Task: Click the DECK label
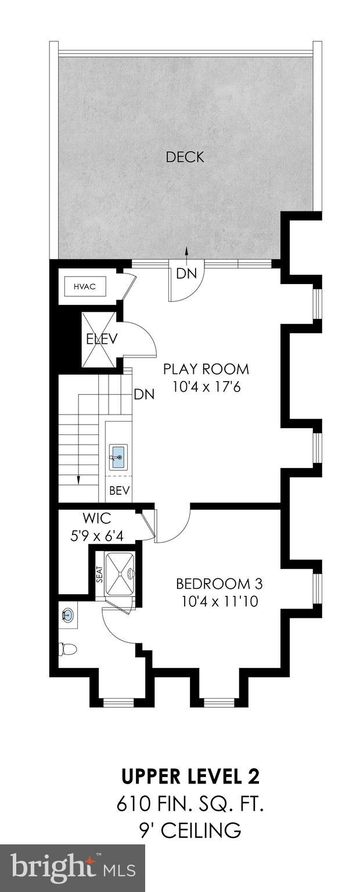click(185, 157)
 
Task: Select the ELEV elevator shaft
click(101, 340)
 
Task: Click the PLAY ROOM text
click(206, 369)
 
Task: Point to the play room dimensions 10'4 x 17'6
click(206, 386)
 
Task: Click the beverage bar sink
click(118, 458)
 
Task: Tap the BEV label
click(119, 491)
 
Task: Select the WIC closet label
click(96, 517)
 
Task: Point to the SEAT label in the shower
click(99, 575)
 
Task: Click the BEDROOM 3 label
click(215, 583)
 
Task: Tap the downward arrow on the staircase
click(78, 477)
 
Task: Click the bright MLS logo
click(73, 869)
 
